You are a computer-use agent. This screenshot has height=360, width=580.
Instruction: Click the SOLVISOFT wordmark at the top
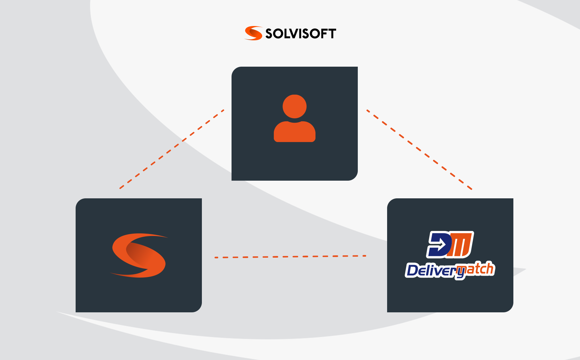(x=301, y=34)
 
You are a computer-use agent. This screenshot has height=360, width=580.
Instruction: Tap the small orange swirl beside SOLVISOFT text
(x=254, y=33)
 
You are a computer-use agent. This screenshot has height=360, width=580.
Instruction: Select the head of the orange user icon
(x=294, y=106)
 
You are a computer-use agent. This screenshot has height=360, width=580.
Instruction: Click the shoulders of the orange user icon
(x=294, y=132)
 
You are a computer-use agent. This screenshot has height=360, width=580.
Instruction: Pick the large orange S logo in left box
(x=139, y=255)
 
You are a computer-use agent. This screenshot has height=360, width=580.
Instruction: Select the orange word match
(x=476, y=269)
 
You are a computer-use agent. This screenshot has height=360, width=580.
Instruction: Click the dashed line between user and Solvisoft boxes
(x=172, y=149)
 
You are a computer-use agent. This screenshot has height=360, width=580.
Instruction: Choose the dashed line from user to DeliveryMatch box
(x=419, y=150)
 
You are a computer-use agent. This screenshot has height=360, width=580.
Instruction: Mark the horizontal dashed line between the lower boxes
(x=290, y=257)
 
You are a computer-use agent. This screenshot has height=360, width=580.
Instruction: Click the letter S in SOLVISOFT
(x=269, y=34)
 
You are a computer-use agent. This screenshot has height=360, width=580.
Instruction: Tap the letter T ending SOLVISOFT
(x=332, y=34)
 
